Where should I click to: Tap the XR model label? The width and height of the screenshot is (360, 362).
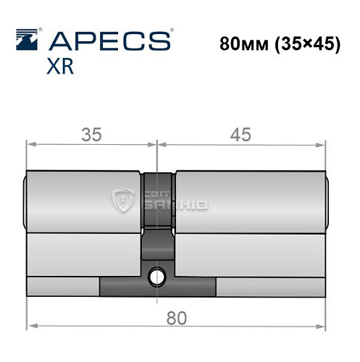[x=59, y=67]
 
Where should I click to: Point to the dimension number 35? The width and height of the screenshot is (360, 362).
[x=91, y=134]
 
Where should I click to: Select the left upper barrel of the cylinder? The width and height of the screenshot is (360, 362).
[x=83, y=202]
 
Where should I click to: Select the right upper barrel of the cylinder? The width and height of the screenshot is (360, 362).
[x=251, y=202]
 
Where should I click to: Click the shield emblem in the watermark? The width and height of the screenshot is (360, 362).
[x=125, y=202]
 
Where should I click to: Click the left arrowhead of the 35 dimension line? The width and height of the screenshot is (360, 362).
[x=30, y=145]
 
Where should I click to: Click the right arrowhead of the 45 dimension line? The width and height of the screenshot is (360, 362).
[x=325, y=145]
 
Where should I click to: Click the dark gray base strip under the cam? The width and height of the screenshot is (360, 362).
[x=157, y=287]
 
